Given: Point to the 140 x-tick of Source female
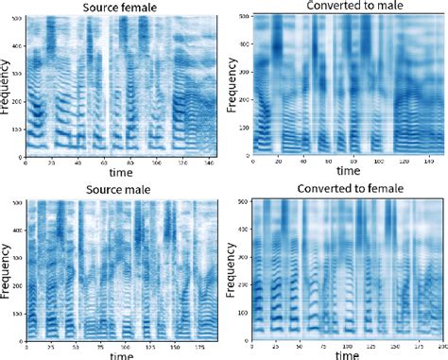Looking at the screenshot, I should [x=207, y=163].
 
